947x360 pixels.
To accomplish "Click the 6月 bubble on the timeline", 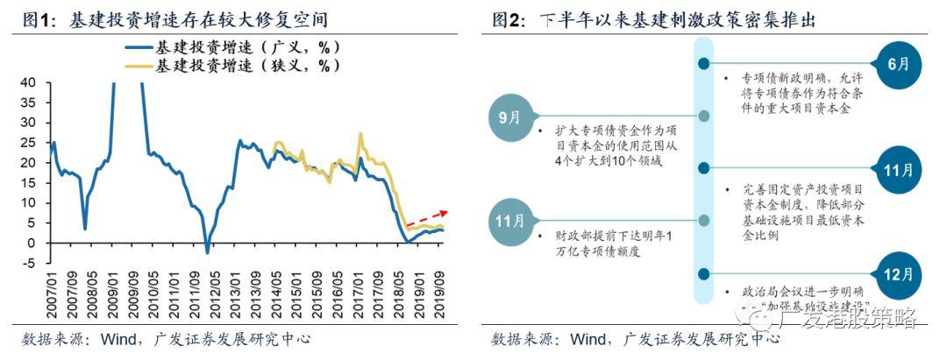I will click(893, 64).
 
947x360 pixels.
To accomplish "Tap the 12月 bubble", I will click(893, 272).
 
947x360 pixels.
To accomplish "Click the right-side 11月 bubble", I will click(893, 168).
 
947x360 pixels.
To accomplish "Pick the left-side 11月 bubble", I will click(509, 219).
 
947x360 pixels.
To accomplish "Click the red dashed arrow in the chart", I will click(427, 219).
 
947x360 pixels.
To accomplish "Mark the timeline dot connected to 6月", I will click(703, 64).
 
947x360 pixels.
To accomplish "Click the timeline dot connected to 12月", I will click(703, 272).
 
